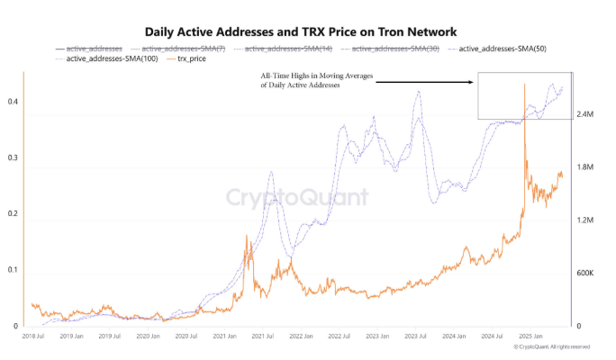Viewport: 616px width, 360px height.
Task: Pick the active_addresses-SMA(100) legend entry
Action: tap(104, 58)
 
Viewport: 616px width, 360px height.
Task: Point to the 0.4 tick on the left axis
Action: tap(13, 102)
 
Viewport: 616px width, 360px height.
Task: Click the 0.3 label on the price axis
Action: tap(13, 157)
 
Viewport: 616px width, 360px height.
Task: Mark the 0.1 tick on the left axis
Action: tap(13, 270)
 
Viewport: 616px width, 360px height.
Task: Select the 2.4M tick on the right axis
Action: tap(584, 115)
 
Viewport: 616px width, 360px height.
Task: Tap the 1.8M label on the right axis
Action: tap(584, 167)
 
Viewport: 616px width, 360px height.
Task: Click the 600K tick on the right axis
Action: tap(584, 273)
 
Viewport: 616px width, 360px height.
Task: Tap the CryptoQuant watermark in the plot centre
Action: tap(296, 197)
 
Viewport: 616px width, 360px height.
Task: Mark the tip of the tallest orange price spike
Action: tap(524, 84)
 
